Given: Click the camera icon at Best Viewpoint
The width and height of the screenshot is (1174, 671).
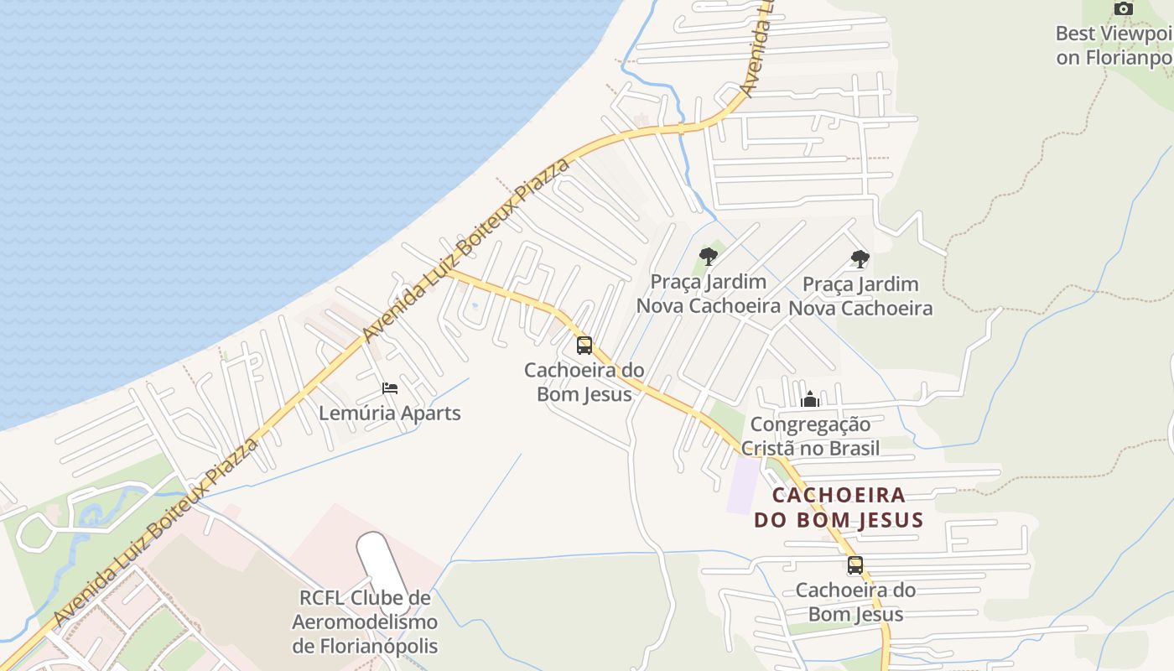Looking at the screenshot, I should (1123, 8).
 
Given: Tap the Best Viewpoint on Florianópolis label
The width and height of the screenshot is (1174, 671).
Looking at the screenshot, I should (1114, 45).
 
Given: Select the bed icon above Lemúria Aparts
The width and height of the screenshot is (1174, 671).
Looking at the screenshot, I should (390, 388).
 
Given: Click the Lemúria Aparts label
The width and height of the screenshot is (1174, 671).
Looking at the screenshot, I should (390, 414).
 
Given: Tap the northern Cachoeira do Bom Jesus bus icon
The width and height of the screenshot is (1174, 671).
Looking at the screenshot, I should (584, 345).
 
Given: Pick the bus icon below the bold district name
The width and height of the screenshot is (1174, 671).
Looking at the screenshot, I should (855, 565).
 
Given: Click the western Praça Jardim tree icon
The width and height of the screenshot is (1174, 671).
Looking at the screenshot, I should (709, 257).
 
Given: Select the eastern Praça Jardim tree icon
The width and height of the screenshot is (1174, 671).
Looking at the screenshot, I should (860, 259).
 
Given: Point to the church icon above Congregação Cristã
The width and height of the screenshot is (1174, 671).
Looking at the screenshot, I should (810, 399).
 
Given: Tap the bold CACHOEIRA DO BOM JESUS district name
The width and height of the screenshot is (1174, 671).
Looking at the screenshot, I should (839, 507).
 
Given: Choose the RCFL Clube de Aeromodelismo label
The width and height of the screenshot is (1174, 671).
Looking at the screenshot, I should (365, 622).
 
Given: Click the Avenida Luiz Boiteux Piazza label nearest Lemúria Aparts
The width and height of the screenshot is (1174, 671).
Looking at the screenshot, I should (465, 250).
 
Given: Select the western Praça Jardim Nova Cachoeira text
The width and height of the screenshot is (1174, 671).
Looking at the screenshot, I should (709, 294).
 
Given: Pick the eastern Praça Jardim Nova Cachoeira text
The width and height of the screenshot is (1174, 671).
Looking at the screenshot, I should (860, 296).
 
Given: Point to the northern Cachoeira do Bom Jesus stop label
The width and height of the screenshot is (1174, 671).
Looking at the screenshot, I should (584, 382).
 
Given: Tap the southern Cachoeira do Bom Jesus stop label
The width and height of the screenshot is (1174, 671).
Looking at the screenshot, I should (855, 602).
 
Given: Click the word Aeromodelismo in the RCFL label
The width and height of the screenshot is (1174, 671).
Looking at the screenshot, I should (365, 622).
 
